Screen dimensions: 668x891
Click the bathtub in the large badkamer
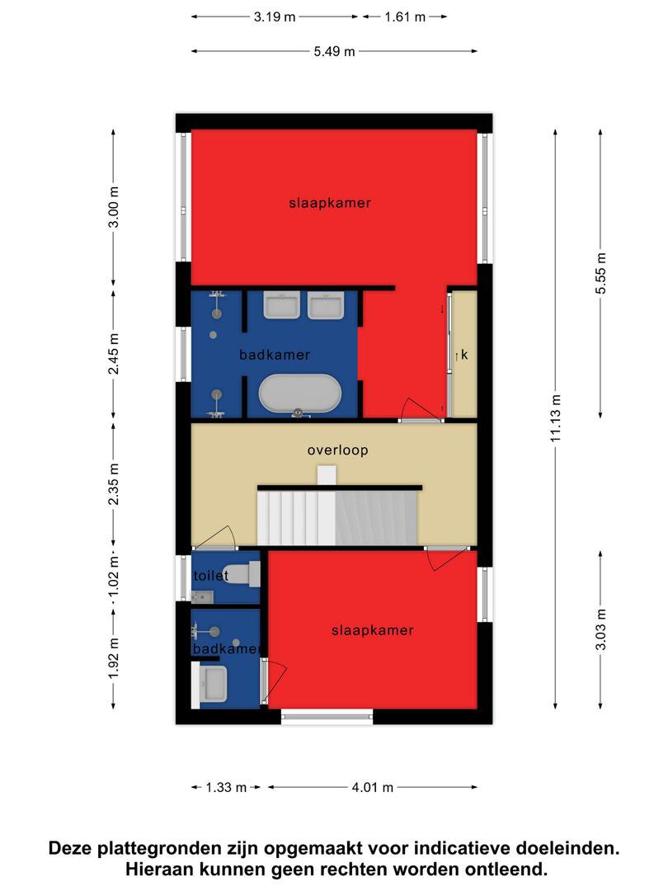pyautogui.click(x=300, y=394)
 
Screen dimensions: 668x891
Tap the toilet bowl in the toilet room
pyautogui.click(x=238, y=574)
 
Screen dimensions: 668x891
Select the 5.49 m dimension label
pyautogui.click(x=334, y=51)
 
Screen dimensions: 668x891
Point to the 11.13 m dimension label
pyautogui.click(x=556, y=418)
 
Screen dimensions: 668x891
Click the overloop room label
pyautogui.click(x=338, y=450)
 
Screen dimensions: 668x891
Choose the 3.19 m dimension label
pyautogui.click(x=275, y=17)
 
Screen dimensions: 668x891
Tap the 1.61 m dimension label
pyautogui.click(x=405, y=17)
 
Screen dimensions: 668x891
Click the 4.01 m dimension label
pyautogui.click(x=373, y=787)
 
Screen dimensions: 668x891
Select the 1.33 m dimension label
pyautogui.click(x=226, y=787)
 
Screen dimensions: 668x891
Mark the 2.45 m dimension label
pyautogui.click(x=114, y=354)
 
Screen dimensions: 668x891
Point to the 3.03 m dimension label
pyautogui.click(x=600, y=629)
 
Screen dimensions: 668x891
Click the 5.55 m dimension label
pyautogui.click(x=600, y=273)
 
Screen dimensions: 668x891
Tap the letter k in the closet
pyautogui.click(x=464, y=355)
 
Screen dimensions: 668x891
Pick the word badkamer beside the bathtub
pyautogui.click(x=275, y=355)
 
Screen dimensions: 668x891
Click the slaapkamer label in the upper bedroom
pyautogui.click(x=330, y=203)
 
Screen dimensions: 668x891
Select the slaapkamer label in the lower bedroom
pyautogui.click(x=373, y=630)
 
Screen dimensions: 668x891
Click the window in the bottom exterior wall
pyautogui.click(x=327, y=717)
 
